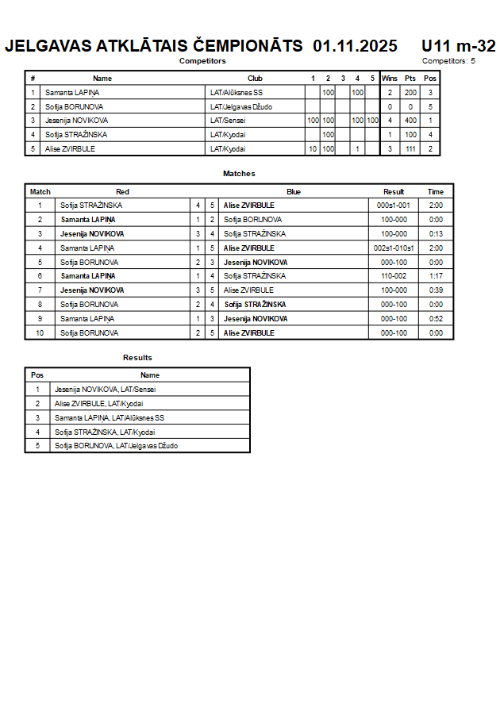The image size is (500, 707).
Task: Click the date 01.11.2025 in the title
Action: click(x=355, y=46)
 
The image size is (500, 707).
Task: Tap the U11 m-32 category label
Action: click(x=458, y=46)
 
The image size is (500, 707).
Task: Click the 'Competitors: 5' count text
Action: click(x=448, y=61)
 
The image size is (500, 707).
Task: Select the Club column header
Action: click(x=255, y=79)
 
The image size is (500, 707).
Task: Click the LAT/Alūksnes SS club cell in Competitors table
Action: click(x=237, y=93)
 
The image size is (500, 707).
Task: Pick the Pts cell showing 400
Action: click(x=410, y=121)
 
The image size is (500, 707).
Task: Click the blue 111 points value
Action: click(x=410, y=149)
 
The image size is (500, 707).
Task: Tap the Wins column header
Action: click(x=390, y=79)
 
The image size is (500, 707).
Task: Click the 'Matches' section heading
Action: click(x=239, y=174)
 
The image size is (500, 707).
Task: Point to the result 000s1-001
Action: click(x=394, y=206)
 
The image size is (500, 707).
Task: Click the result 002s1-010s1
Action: click(x=394, y=248)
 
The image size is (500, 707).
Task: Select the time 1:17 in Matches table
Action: click(x=435, y=276)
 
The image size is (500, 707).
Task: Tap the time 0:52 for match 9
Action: click(x=435, y=319)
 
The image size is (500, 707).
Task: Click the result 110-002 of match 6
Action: click(x=394, y=276)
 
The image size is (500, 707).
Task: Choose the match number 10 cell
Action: click(x=40, y=333)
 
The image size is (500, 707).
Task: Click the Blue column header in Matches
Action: click(x=294, y=192)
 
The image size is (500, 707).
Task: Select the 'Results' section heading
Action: click(x=137, y=358)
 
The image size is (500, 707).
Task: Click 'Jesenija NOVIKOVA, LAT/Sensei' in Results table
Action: click(x=105, y=390)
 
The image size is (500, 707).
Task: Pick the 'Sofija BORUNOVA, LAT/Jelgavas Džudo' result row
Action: click(x=116, y=446)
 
